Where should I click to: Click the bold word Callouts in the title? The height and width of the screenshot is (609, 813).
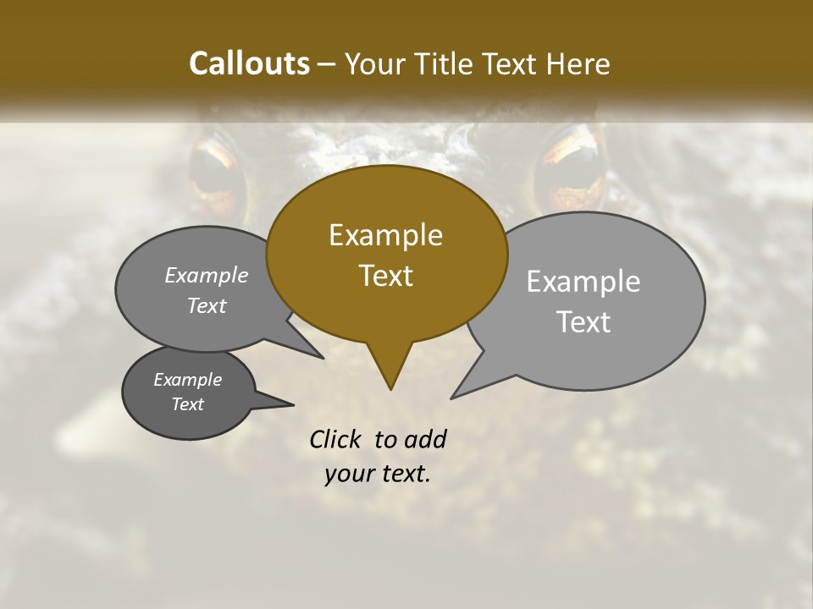[x=249, y=63]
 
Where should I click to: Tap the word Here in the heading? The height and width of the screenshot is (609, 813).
[x=578, y=63]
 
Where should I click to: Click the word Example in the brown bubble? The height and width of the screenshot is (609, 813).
[x=385, y=235]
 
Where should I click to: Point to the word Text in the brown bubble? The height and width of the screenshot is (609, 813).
[x=385, y=276]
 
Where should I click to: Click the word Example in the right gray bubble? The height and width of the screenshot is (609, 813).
[x=583, y=282]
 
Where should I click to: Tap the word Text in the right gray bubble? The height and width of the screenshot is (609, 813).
[x=583, y=322]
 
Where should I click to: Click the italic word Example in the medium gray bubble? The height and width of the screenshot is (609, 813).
[x=206, y=276]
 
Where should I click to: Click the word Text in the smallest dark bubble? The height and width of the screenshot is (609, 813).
[x=188, y=404]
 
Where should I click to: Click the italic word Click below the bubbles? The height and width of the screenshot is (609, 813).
[x=336, y=439]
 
